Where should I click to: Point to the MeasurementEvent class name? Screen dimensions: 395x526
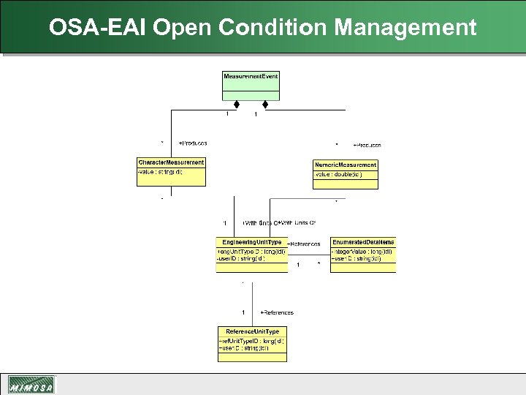click(251, 76)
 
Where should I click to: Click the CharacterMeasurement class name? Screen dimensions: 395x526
click(171, 162)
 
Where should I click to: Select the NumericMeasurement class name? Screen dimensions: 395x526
click(346, 165)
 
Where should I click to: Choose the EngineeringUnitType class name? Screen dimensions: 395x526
click(252, 242)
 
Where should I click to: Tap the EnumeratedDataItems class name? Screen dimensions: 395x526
click(363, 242)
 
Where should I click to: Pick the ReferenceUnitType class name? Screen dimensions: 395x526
click(252, 332)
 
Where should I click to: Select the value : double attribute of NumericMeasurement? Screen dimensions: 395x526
click(338, 174)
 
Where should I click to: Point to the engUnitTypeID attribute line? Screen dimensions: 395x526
click(241, 251)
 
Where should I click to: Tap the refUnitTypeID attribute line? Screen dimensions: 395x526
click(251, 341)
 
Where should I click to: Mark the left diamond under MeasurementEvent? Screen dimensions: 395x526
click(237, 105)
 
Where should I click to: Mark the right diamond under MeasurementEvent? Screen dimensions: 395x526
click(265, 105)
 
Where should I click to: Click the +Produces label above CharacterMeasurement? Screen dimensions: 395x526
click(193, 143)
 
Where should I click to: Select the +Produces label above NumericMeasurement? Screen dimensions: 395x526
click(367, 145)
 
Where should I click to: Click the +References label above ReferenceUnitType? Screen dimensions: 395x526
click(277, 312)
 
